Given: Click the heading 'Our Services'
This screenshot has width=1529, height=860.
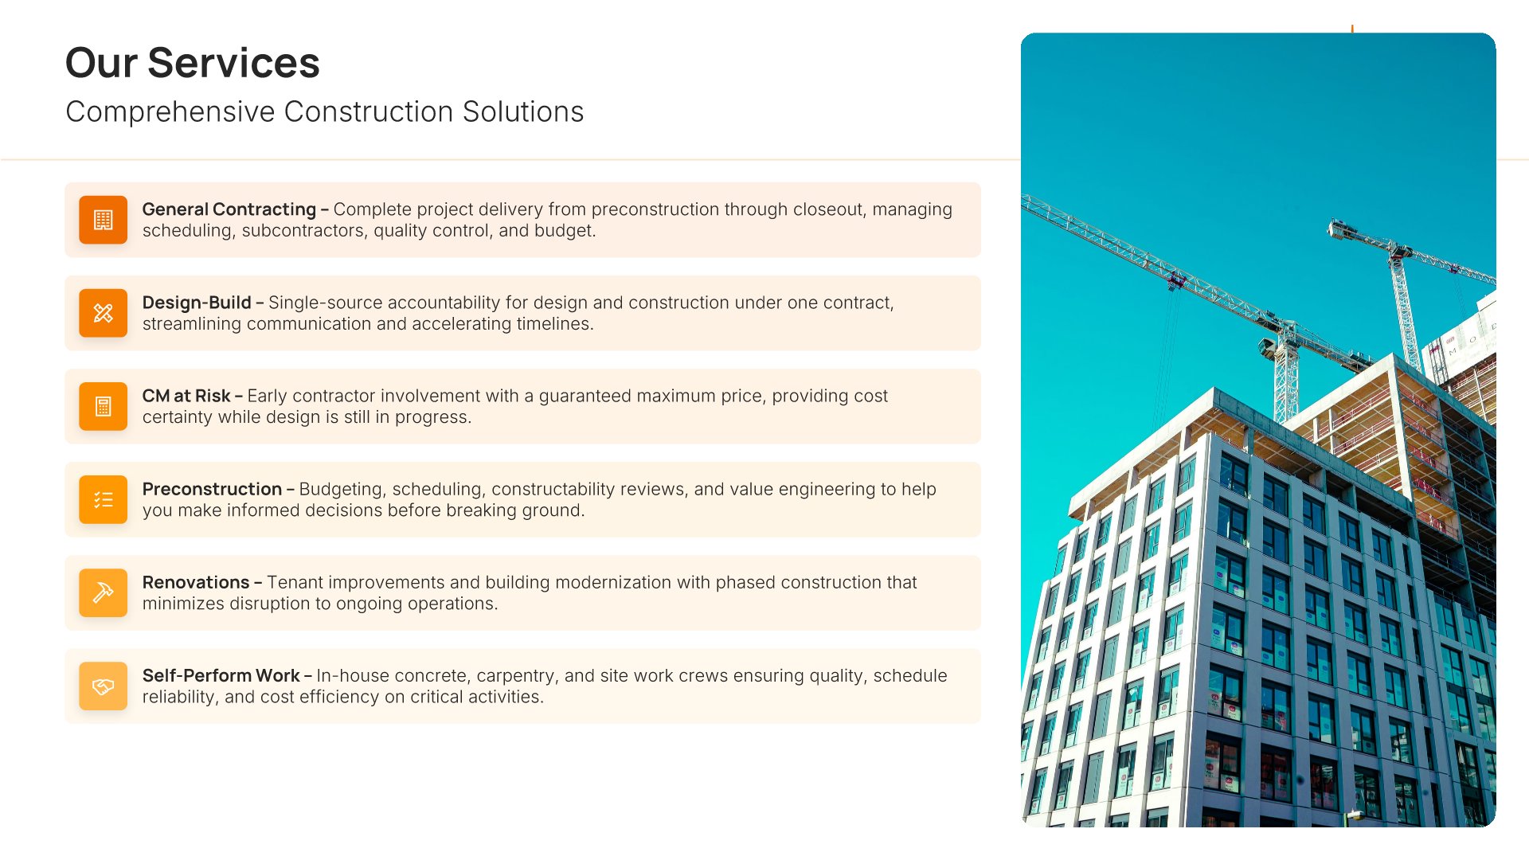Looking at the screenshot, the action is [x=192, y=63].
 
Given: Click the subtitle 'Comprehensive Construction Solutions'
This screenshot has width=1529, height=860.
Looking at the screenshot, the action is [x=324, y=112].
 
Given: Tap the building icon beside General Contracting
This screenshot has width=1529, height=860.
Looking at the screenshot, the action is [x=104, y=220].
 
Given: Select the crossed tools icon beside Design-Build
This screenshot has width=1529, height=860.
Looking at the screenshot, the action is [x=104, y=313].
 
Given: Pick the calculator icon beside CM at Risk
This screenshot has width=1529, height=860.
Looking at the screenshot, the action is [x=104, y=406].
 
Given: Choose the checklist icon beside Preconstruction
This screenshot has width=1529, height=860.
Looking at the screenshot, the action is [x=104, y=499].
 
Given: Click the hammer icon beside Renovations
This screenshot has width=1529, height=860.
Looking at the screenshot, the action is [x=104, y=592].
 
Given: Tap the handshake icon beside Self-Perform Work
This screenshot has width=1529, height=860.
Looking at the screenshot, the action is [x=104, y=686].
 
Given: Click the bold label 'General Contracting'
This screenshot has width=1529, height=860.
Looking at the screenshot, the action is [x=229, y=209].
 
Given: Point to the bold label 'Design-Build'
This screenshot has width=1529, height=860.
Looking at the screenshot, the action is [x=197, y=303].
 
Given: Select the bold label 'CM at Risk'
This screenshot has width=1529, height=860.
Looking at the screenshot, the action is [x=186, y=396].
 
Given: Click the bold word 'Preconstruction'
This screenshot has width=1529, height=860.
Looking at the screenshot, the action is [x=212, y=489].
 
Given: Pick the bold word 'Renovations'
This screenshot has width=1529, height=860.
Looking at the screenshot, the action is [x=196, y=582].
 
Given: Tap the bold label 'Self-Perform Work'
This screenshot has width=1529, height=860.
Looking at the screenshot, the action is [x=221, y=675].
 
